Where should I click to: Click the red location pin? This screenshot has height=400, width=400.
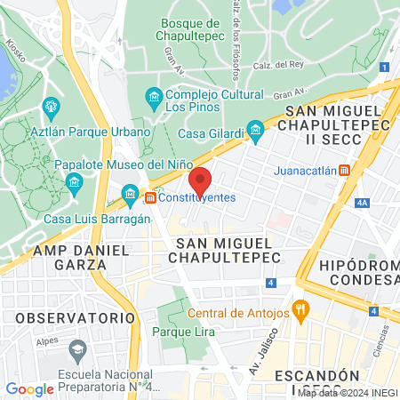[201, 181]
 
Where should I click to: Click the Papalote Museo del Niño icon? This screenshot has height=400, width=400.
[74, 183]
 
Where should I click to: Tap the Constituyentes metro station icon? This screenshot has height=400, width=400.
[152, 196]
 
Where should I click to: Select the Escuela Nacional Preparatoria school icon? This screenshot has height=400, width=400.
[77, 348]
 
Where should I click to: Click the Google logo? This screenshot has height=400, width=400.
[29, 388]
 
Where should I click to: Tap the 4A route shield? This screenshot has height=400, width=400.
[361, 203]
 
